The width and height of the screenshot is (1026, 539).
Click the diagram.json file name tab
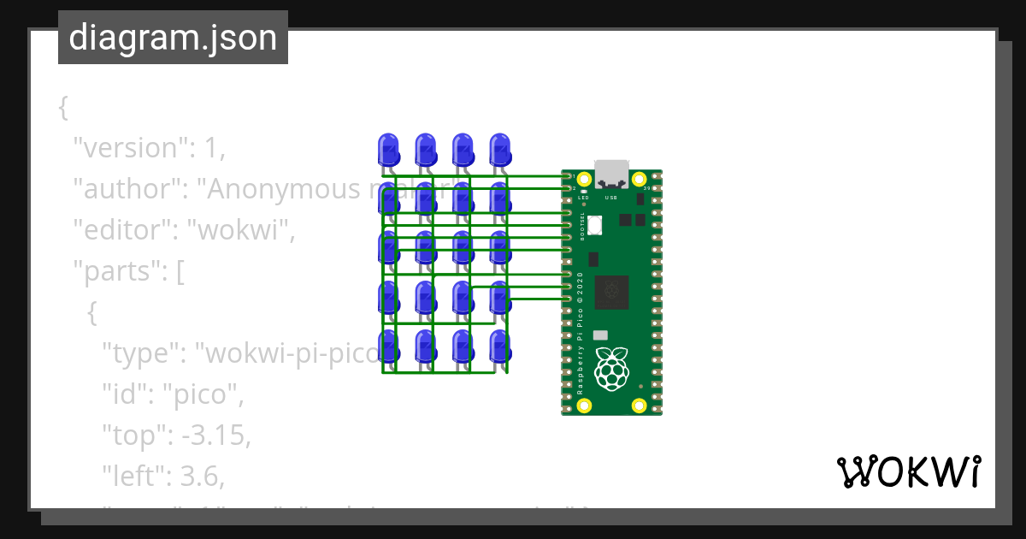173,38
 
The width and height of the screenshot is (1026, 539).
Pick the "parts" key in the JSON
117,272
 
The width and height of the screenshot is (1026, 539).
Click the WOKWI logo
908,471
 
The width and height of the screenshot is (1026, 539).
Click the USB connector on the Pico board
611,174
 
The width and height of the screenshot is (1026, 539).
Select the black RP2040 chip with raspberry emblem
611,292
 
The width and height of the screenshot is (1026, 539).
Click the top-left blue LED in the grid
387,150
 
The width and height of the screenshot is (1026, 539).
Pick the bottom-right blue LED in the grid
500,346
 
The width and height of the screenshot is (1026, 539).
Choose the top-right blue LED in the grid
500,150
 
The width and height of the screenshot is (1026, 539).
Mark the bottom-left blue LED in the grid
387,346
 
